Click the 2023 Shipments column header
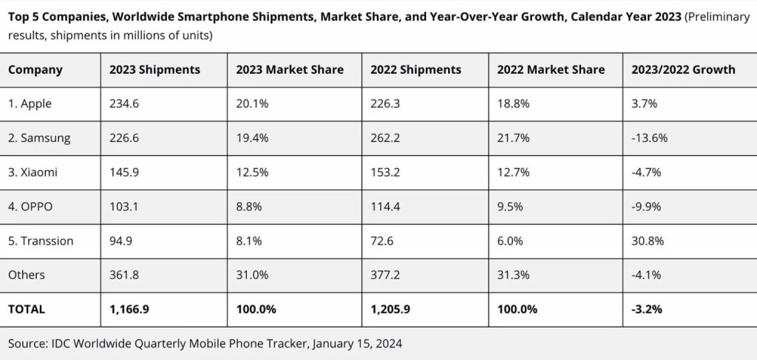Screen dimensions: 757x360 [155, 69]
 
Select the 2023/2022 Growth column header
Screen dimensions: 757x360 [683, 69]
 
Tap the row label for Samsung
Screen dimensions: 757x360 [39, 138]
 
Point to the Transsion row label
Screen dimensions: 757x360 [41, 241]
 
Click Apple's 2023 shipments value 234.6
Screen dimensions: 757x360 [124, 103]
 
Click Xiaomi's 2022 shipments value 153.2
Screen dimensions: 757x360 [385, 172]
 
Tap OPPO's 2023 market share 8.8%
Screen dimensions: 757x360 [248, 206]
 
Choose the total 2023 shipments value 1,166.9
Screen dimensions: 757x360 [129, 309]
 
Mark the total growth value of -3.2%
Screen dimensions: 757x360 [646, 309]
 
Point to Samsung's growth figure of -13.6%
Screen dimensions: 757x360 [649, 138]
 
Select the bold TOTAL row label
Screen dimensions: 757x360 [27, 309]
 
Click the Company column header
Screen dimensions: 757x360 [35, 70]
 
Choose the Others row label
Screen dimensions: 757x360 [27, 275]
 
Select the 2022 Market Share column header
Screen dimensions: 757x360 [551, 69]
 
